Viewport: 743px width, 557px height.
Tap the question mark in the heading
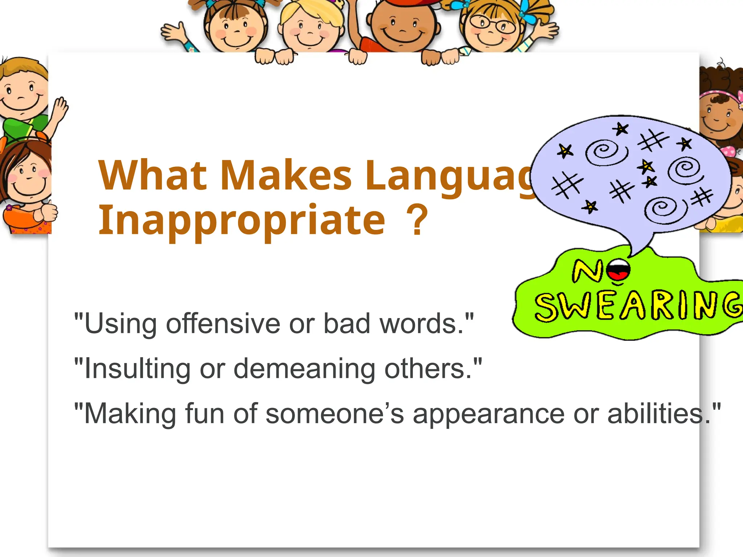pyautogui.click(x=417, y=220)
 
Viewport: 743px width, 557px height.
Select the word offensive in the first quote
pyautogui.click(x=223, y=323)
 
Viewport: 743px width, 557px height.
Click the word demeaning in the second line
pyautogui.click(x=304, y=369)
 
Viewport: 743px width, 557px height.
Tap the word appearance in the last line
pyautogui.click(x=489, y=414)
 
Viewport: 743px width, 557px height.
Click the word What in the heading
pyautogui.click(x=152, y=176)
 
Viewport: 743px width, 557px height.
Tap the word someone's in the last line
pyautogui.click(x=334, y=414)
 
